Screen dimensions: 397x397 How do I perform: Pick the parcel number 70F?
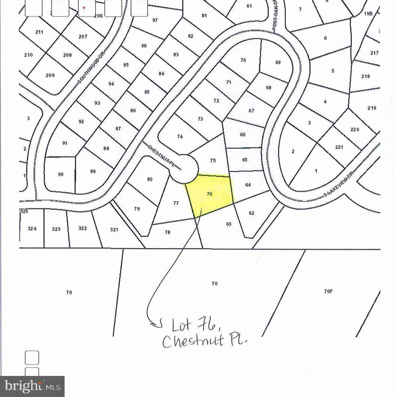[x=328, y=291]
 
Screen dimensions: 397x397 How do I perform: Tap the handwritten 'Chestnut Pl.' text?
[x=205, y=341]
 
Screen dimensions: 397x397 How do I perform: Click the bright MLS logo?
[x=32, y=387]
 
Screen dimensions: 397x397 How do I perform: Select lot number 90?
[x=61, y=174]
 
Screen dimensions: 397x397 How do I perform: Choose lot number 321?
[x=114, y=230]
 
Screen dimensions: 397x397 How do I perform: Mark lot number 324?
[x=32, y=229]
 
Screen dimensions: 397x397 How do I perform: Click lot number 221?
[x=339, y=147]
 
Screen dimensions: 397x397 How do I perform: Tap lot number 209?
[x=50, y=75]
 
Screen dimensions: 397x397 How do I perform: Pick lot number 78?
[x=167, y=232]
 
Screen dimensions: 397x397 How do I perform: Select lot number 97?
[x=155, y=20]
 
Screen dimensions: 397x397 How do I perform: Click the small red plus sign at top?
[x=84, y=8]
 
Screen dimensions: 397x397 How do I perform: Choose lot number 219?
[x=372, y=108]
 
